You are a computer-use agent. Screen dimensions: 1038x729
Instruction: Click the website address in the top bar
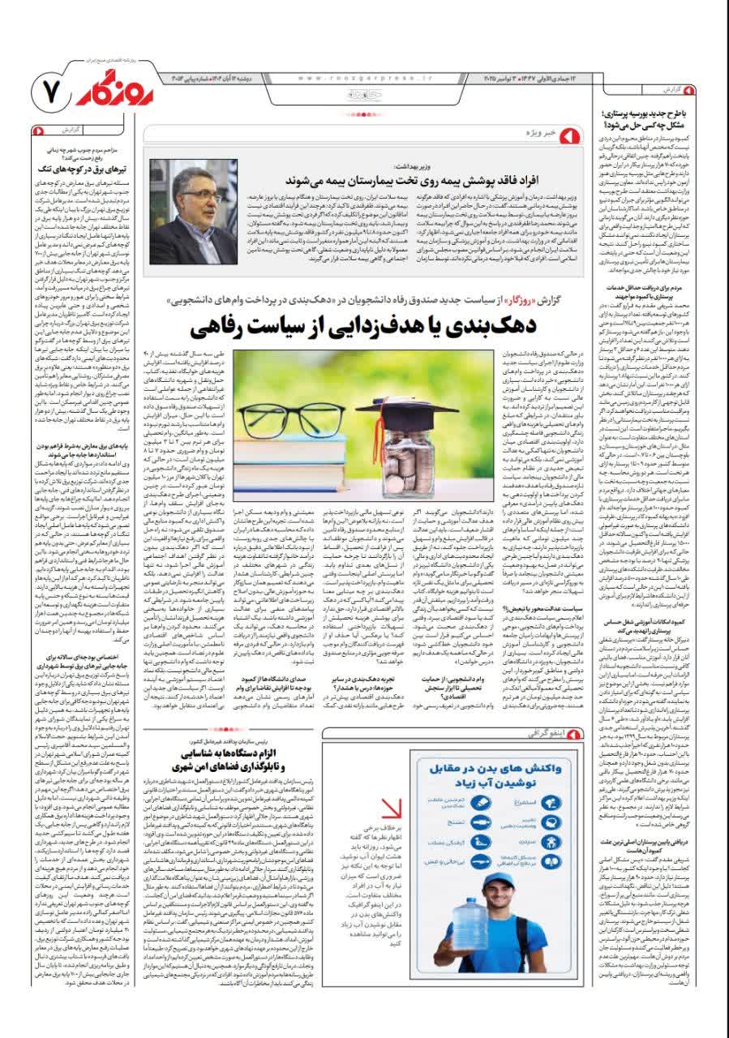click(366, 78)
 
